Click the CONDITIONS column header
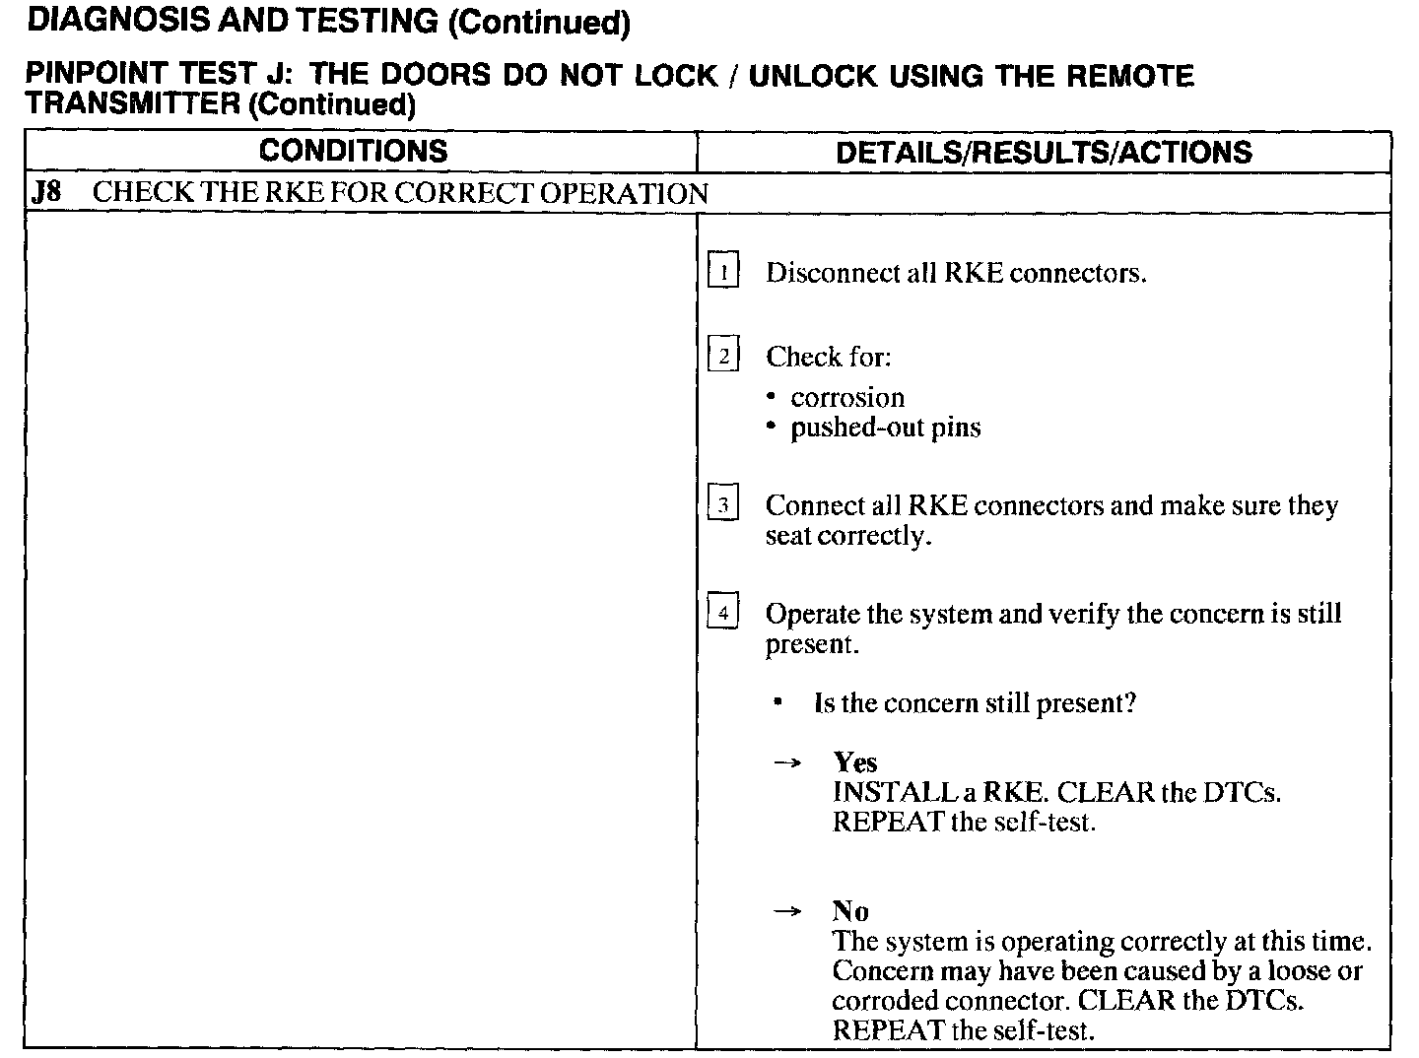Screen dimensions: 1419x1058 click(354, 151)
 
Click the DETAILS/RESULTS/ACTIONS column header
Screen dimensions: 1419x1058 click(1044, 152)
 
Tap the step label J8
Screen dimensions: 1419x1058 click(45, 192)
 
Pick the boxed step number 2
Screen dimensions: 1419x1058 click(723, 356)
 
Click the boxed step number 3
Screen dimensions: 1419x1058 click(723, 505)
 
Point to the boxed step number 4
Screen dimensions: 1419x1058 click(723, 614)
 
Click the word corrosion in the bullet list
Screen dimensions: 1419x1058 click(847, 397)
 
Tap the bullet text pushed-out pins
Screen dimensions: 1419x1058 click(885, 428)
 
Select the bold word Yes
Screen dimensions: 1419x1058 click(854, 761)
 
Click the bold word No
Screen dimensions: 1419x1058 click(849, 910)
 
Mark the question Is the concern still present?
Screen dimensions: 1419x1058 click(975, 703)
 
